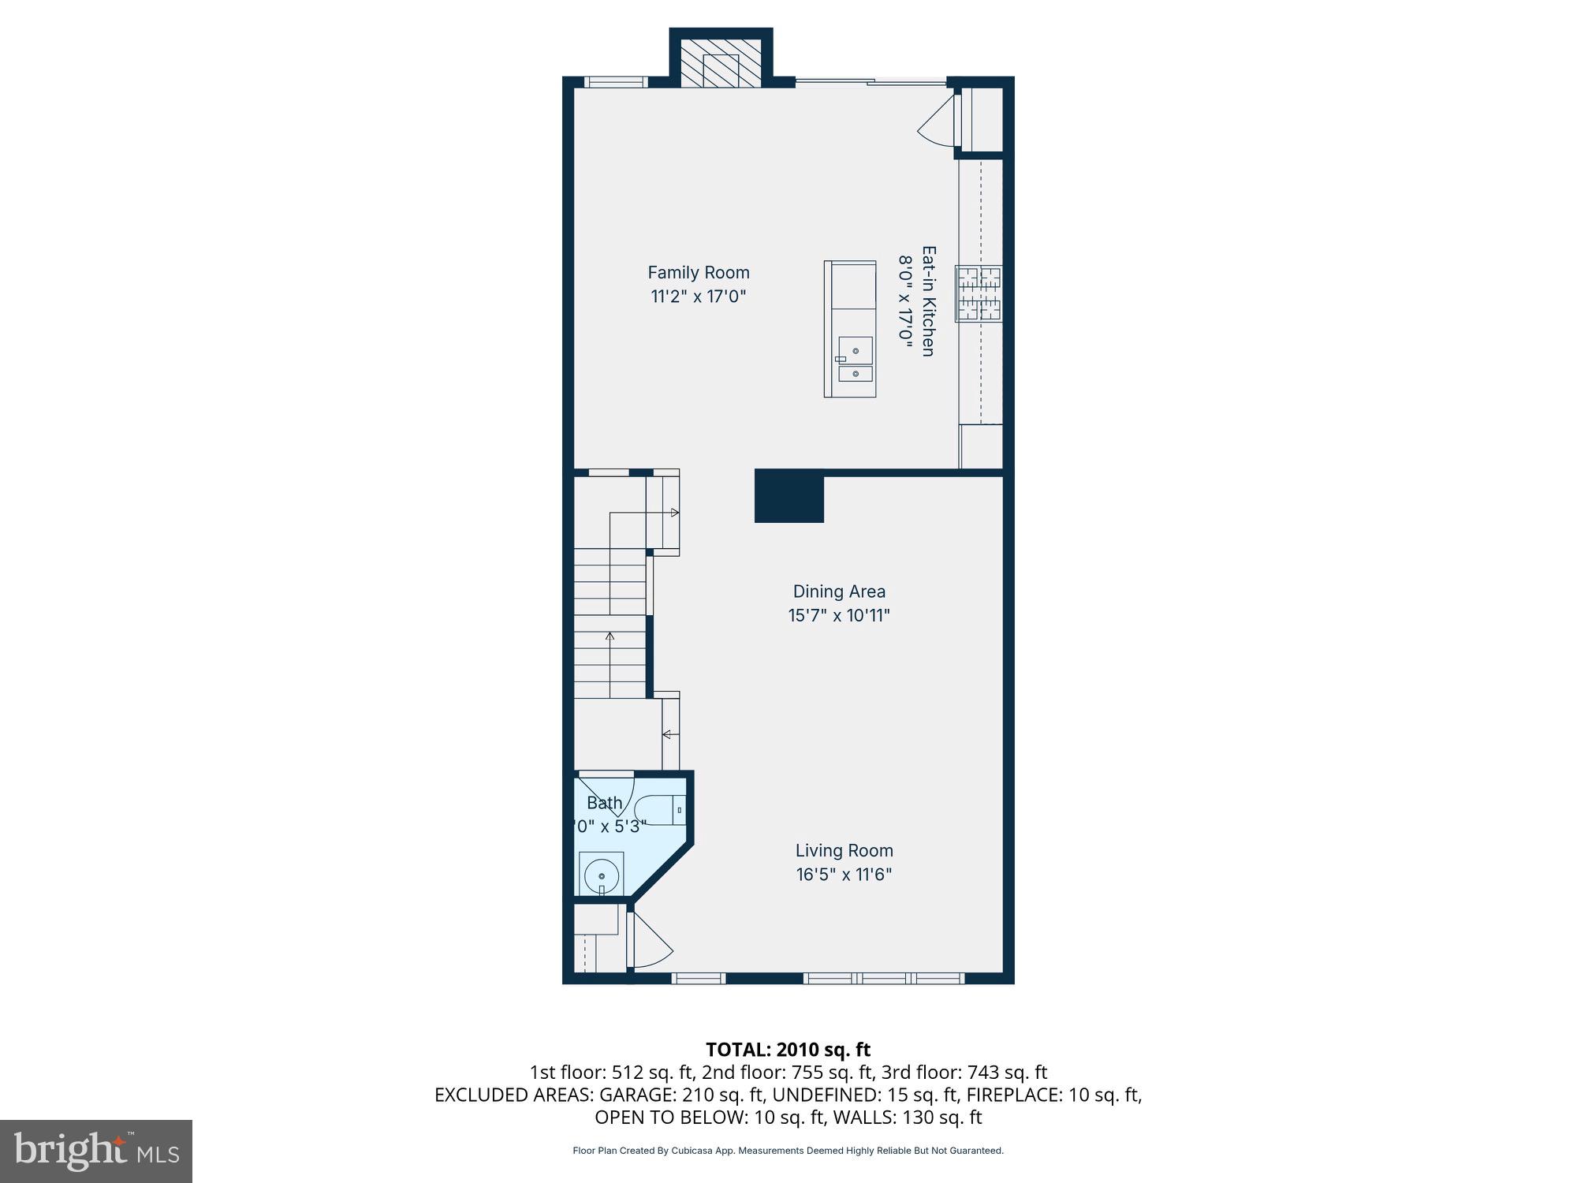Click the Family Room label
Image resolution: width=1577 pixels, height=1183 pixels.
tap(698, 273)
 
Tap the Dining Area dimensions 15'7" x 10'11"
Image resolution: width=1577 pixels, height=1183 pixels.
tap(839, 616)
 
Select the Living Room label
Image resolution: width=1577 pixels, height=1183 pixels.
tap(844, 851)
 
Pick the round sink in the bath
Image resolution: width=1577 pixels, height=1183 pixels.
tap(602, 875)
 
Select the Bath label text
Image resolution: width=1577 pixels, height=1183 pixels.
tap(605, 803)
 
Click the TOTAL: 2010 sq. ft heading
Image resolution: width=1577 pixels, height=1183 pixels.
tap(788, 1050)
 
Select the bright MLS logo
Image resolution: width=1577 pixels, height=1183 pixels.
tap(96, 1151)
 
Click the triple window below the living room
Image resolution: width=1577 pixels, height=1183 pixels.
tap(883, 979)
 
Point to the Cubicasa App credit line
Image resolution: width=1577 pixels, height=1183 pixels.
tap(788, 1151)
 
